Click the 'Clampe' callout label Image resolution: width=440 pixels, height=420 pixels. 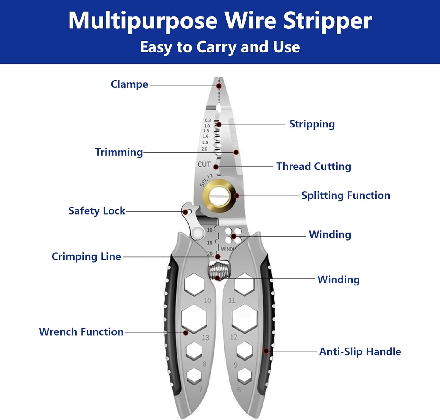coord(129,84)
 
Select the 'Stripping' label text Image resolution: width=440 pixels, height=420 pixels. coord(312,124)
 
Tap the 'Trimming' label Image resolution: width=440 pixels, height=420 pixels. coord(119,152)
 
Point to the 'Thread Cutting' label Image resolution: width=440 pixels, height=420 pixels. coord(314,166)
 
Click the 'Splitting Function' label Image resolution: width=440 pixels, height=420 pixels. coord(346,195)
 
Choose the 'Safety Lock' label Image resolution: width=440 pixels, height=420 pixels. coord(97,211)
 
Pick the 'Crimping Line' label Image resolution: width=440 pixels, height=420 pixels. coord(86,256)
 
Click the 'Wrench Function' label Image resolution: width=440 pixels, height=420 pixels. coord(81,332)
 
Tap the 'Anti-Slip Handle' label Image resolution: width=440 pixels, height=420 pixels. coord(360,351)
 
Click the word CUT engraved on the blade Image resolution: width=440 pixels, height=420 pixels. coord(204,164)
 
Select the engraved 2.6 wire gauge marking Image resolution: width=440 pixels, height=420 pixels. coord(204,149)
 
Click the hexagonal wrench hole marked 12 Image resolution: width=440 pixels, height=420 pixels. coord(244,319)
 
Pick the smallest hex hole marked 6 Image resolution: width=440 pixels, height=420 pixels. coord(245,376)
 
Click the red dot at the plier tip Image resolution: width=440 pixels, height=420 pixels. coord(219,86)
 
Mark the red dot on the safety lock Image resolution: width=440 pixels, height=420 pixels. coord(185,212)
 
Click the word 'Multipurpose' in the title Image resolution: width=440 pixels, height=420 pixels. coord(143,21)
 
